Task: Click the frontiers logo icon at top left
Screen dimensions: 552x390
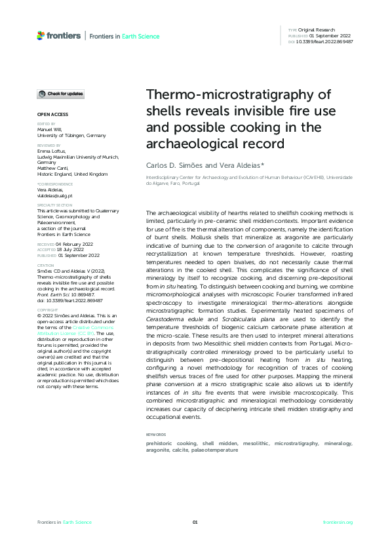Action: [41, 35]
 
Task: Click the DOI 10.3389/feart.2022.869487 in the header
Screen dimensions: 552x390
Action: [325, 41]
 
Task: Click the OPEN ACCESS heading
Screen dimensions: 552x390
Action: [48, 114]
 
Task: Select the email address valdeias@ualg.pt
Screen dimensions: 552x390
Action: [54, 195]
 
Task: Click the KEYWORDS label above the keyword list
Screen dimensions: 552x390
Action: [155, 435]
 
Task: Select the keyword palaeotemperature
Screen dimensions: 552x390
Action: [215, 450]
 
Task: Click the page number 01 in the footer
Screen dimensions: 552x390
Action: [195, 522]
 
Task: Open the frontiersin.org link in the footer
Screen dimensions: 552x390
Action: [338, 522]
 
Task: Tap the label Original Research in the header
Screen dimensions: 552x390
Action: [317, 30]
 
